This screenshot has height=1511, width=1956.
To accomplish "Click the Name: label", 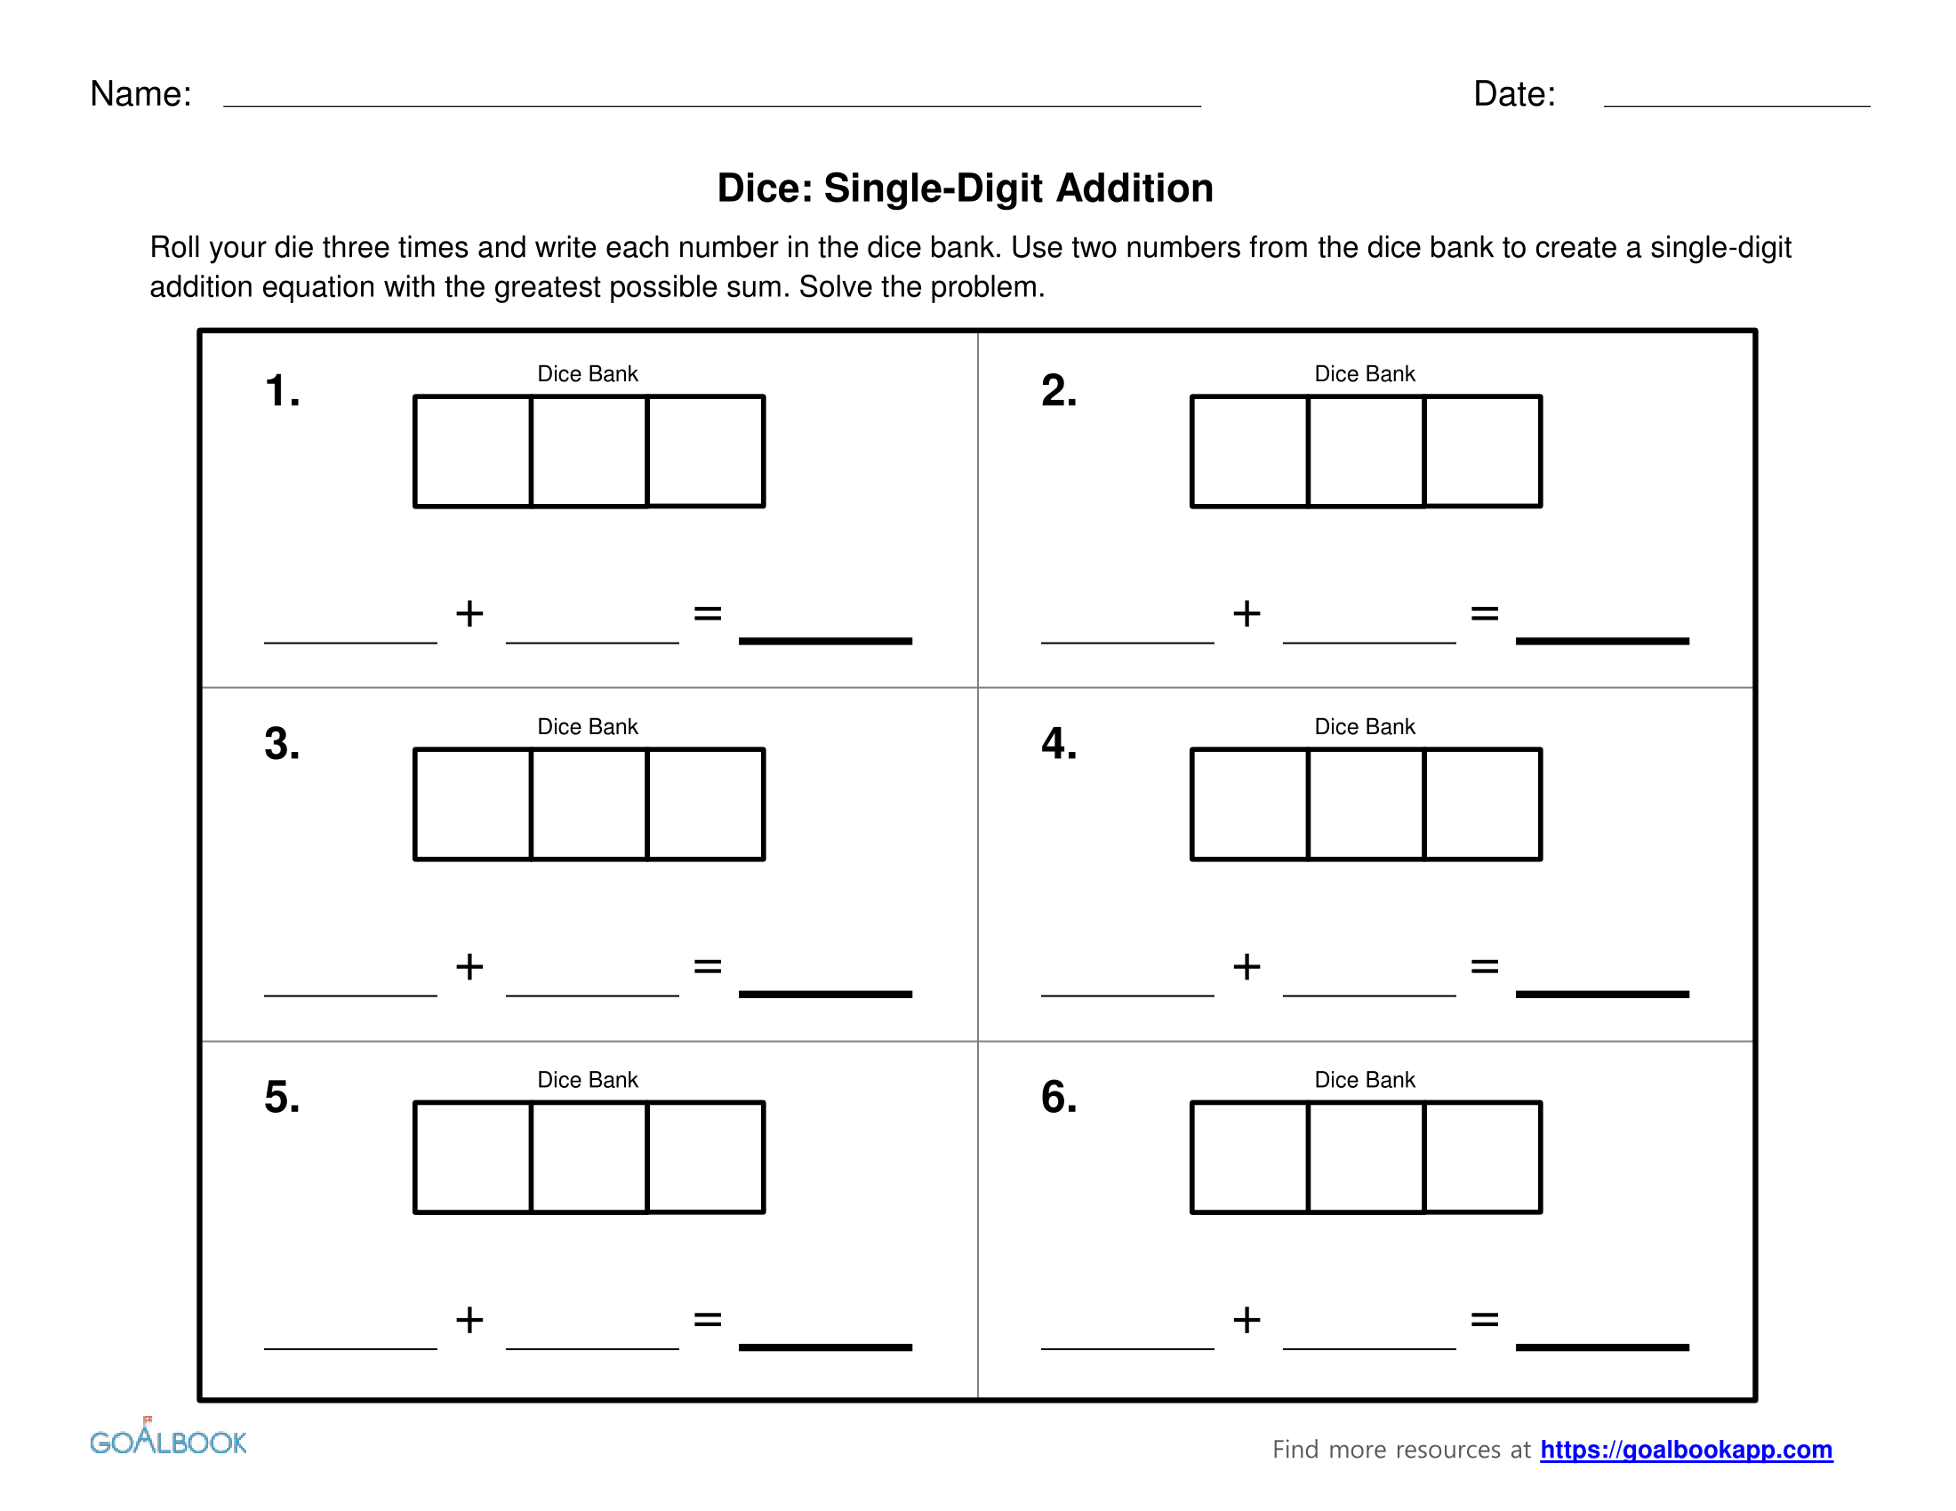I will [140, 94].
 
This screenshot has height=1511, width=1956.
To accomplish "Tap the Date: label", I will [1513, 94].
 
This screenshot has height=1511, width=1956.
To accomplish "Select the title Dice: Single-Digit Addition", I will [965, 188].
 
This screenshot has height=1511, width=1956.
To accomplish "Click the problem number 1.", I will [281, 391].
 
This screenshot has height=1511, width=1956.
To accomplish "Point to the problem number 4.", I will [1058, 744].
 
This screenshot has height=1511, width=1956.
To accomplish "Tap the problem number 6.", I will [1058, 1097].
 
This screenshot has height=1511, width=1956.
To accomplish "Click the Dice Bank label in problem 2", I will [1364, 374].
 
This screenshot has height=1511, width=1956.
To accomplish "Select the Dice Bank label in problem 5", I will [588, 1080].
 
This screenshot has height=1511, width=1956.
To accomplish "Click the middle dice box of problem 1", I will [589, 452].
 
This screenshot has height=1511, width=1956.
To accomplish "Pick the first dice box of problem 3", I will [473, 803].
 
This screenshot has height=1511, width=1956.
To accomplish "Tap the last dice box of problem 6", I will [1482, 1156].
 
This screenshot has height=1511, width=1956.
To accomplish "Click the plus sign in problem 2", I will [1246, 614].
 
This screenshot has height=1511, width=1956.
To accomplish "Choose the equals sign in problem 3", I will [707, 967].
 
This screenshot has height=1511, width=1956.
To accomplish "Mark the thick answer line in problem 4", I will [1601, 994].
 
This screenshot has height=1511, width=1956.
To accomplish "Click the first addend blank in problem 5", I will [350, 1343].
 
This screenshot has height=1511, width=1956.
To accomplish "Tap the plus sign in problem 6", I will [1246, 1320].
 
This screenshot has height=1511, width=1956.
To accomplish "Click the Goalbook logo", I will [167, 1439].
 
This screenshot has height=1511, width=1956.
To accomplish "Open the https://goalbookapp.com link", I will [1686, 1450].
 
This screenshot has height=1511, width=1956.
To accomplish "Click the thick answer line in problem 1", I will [825, 641].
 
